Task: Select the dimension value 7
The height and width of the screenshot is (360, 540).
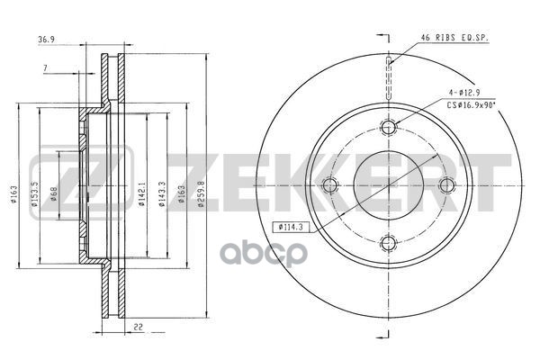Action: click(x=45, y=69)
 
